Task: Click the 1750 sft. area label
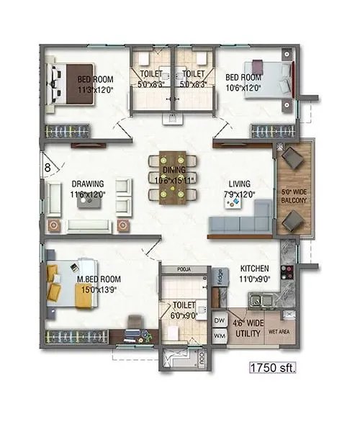point(273,368)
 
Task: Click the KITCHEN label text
point(255,269)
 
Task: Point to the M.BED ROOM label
point(100,279)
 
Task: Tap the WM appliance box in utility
point(220,335)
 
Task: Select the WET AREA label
point(279,332)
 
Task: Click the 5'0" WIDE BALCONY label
point(294,196)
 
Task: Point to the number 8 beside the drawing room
point(48,167)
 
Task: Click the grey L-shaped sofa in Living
point(238,225)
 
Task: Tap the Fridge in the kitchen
point(220,277)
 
